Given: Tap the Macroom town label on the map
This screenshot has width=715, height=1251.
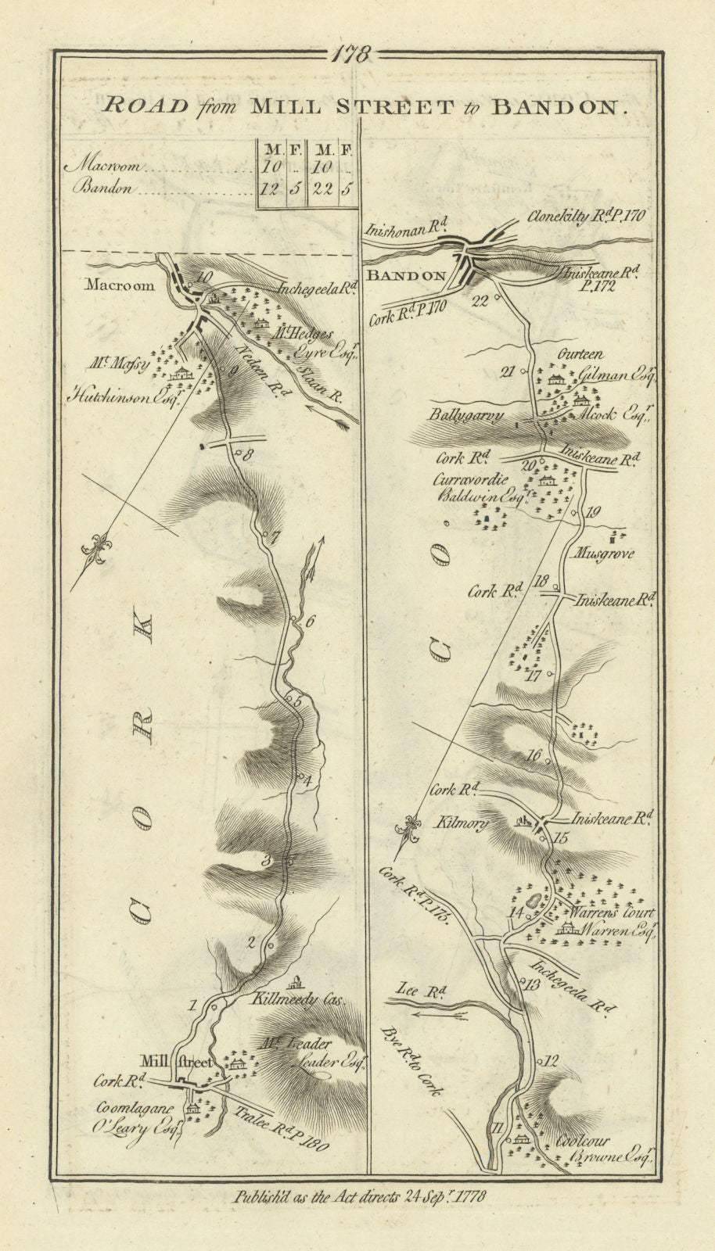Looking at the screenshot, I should pos(120,286).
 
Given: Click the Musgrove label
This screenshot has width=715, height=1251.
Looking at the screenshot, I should pos(603,554).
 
